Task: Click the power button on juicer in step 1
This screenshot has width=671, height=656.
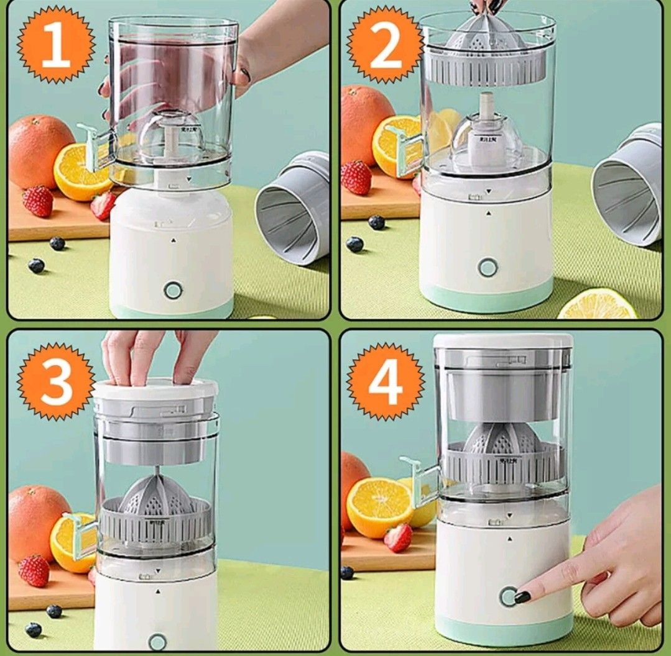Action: [173, 289]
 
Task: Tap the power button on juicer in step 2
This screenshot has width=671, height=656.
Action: [488, 267]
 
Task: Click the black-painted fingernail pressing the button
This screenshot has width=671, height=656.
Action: [522, 597]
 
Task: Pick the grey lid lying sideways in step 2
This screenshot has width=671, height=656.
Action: [628, 185]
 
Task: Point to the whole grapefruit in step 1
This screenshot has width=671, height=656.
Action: [41, 152]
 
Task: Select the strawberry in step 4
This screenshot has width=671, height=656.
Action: [398, 537]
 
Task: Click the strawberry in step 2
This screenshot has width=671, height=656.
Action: [356, 177]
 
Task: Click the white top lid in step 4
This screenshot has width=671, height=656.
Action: [502, 340]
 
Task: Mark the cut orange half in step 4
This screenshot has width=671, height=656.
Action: [379, 506]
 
